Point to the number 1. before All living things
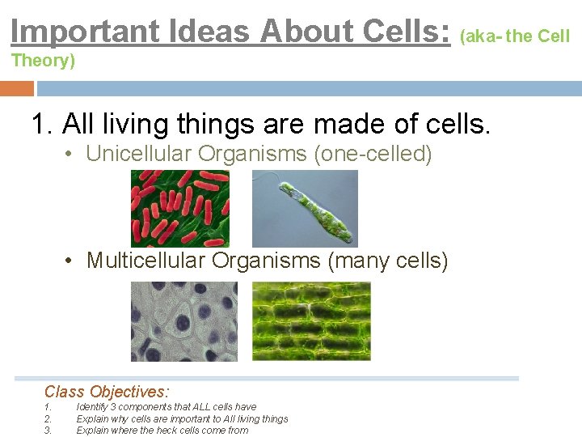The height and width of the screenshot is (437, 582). [x=42, y=125]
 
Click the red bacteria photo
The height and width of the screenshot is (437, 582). [x=179, y=209]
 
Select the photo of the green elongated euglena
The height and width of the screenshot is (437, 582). [x=305, y=209]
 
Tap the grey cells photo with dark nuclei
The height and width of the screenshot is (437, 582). [x=184, y=321]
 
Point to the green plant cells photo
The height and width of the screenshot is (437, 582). [x=311, y=321]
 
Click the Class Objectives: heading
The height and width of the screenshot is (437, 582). [x=107, y=392]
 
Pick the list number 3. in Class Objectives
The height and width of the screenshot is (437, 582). [x=48, y=430]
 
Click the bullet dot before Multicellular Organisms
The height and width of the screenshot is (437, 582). [x=72, y=261]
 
